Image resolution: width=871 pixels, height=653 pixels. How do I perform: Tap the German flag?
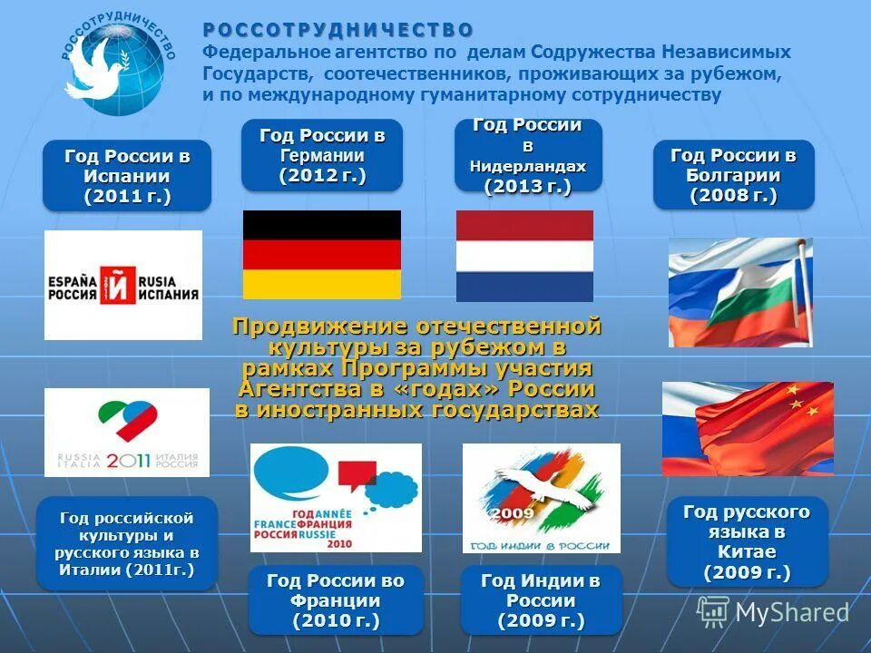click(321, 255)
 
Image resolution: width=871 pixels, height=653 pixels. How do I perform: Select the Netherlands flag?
click(524, 256)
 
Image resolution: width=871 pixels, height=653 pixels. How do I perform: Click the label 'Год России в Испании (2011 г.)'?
click(127, 176)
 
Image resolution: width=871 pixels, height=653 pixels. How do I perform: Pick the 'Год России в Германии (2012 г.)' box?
click(322, 155)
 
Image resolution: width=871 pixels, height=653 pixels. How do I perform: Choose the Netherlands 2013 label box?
click(528, 155)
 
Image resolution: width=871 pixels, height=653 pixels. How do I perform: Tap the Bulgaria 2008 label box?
click(733, 175)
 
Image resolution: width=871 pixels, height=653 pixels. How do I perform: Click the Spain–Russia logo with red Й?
click(122, 285)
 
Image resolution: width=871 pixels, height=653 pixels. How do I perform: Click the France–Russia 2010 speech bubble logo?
click(336, 498)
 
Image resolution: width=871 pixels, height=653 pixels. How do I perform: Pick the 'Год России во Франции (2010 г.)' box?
click(336, 600)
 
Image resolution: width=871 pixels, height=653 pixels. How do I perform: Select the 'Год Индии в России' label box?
click(541, 600)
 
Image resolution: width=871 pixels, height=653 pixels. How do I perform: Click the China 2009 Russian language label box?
click(747, 541)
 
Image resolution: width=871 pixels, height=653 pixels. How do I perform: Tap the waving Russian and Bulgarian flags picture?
click(740, 292)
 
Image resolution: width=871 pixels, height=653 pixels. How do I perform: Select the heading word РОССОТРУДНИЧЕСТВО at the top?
click(338, 31)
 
